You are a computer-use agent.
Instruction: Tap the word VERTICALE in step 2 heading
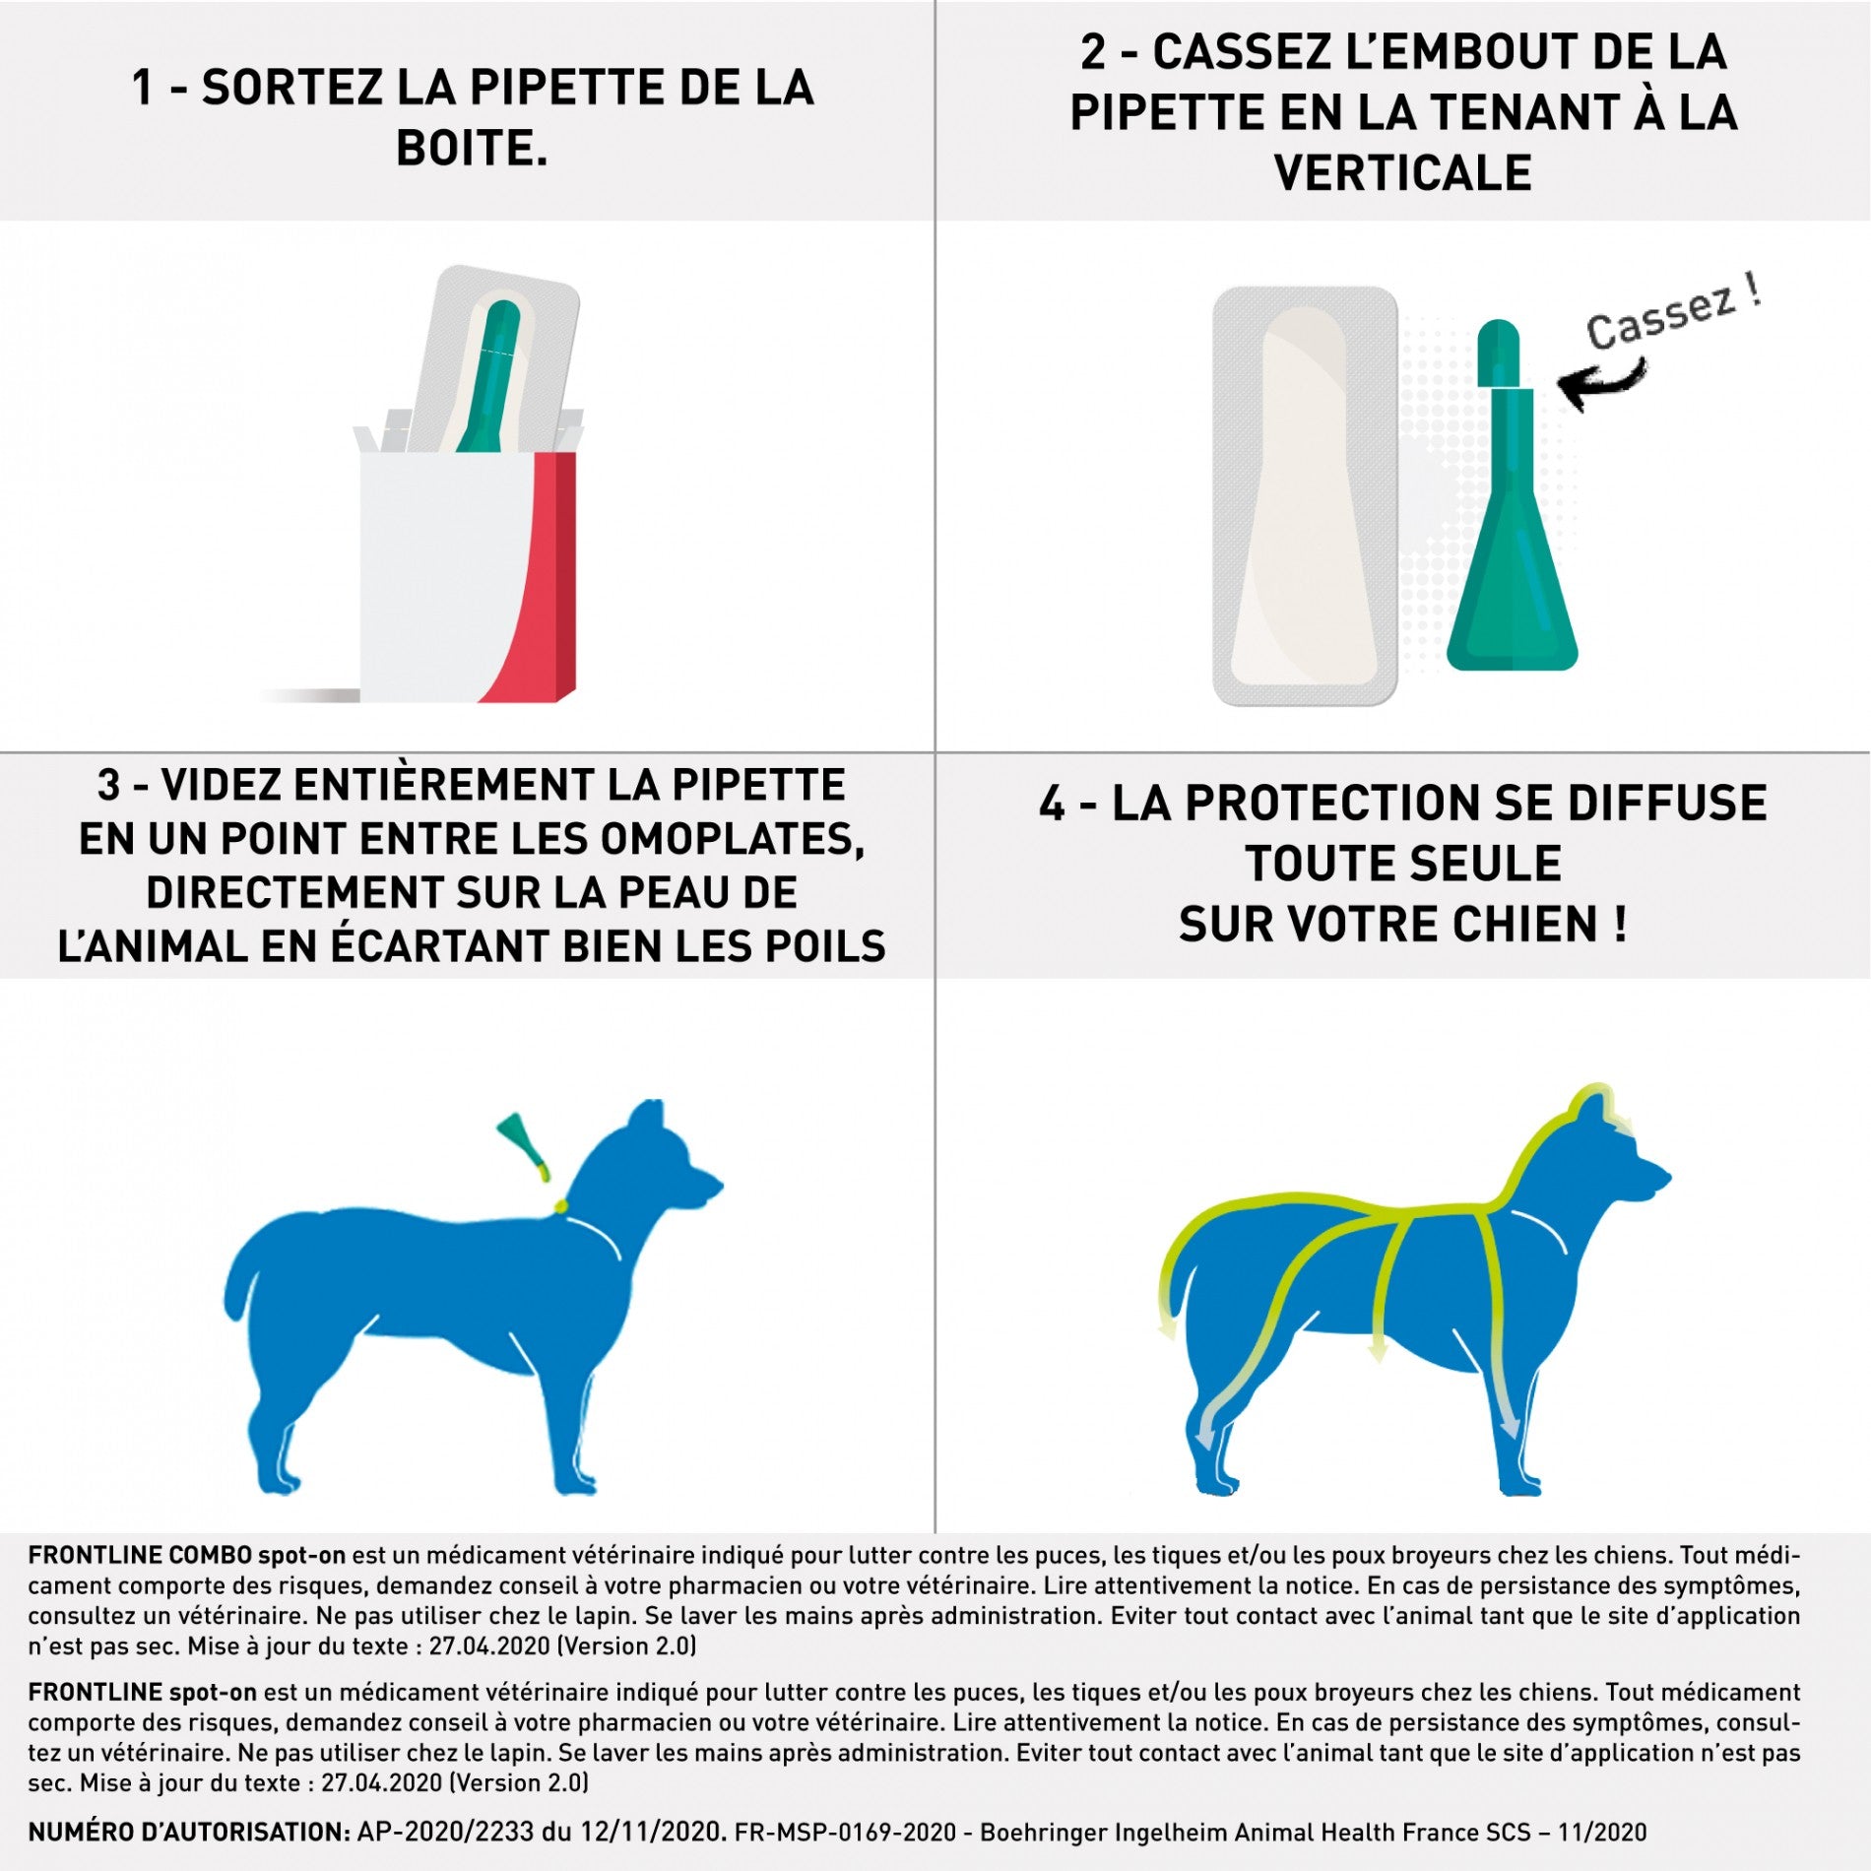tap(1402, 173)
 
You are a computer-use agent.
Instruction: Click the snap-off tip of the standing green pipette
tap(1499, 351)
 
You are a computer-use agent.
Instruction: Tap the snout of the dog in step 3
tap(703, 1186)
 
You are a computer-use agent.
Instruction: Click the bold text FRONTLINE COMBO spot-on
tap(186, 1555)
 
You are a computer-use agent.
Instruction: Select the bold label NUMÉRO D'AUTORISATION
tap(188, 1832)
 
